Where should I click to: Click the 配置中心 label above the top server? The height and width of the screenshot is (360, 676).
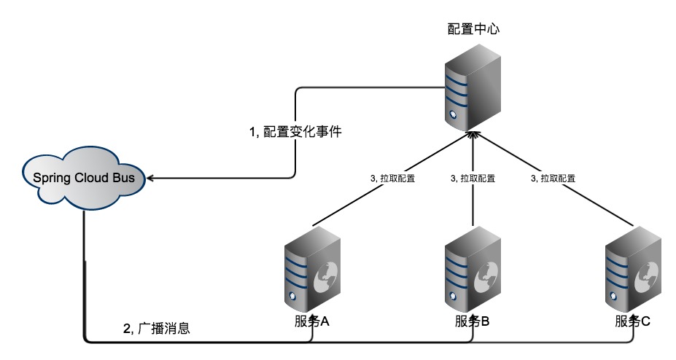[x=473, y=30]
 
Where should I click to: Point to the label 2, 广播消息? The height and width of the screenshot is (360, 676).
[x=157, y=328]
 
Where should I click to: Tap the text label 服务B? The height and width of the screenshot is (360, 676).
[x=473, y=323]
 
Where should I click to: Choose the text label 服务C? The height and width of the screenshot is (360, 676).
[x=633, y=323]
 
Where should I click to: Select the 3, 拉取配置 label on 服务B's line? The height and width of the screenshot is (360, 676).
[x=473, y=178]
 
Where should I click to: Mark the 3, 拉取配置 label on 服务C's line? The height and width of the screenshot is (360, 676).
[x=553, y=178]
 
